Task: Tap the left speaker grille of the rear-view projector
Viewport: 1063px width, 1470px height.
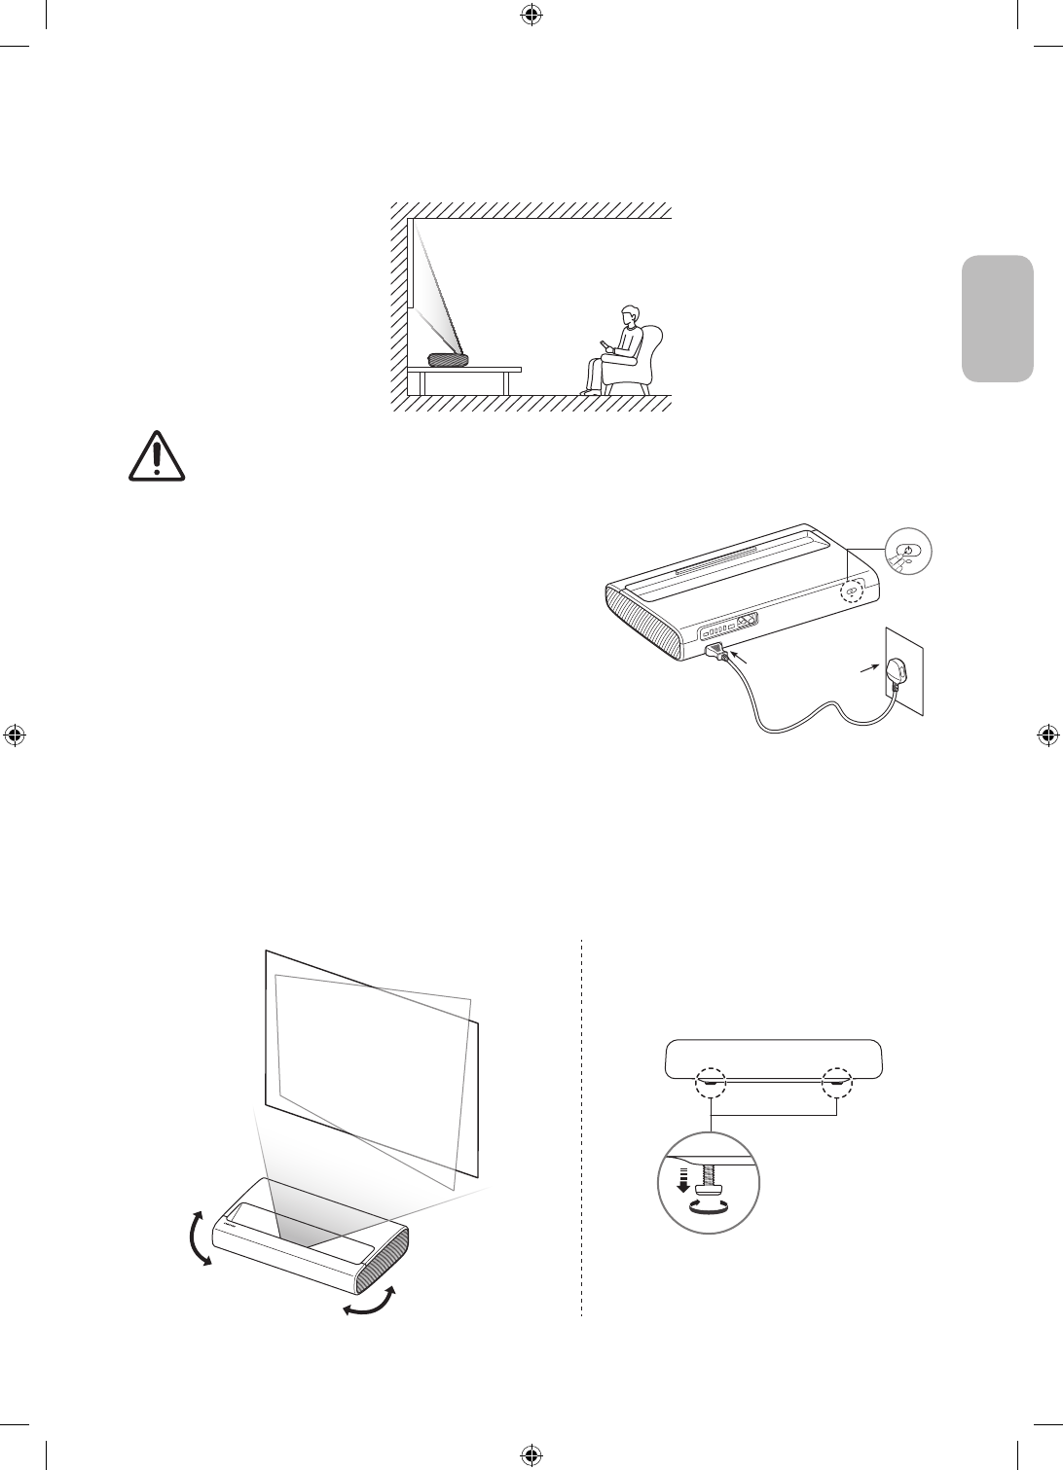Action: [641, 619]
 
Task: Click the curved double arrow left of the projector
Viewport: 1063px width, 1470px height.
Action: [198, 1237]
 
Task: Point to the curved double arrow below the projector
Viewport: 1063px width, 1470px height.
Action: [371, 1303]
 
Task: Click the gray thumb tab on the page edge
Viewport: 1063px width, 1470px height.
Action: [998, 319]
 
